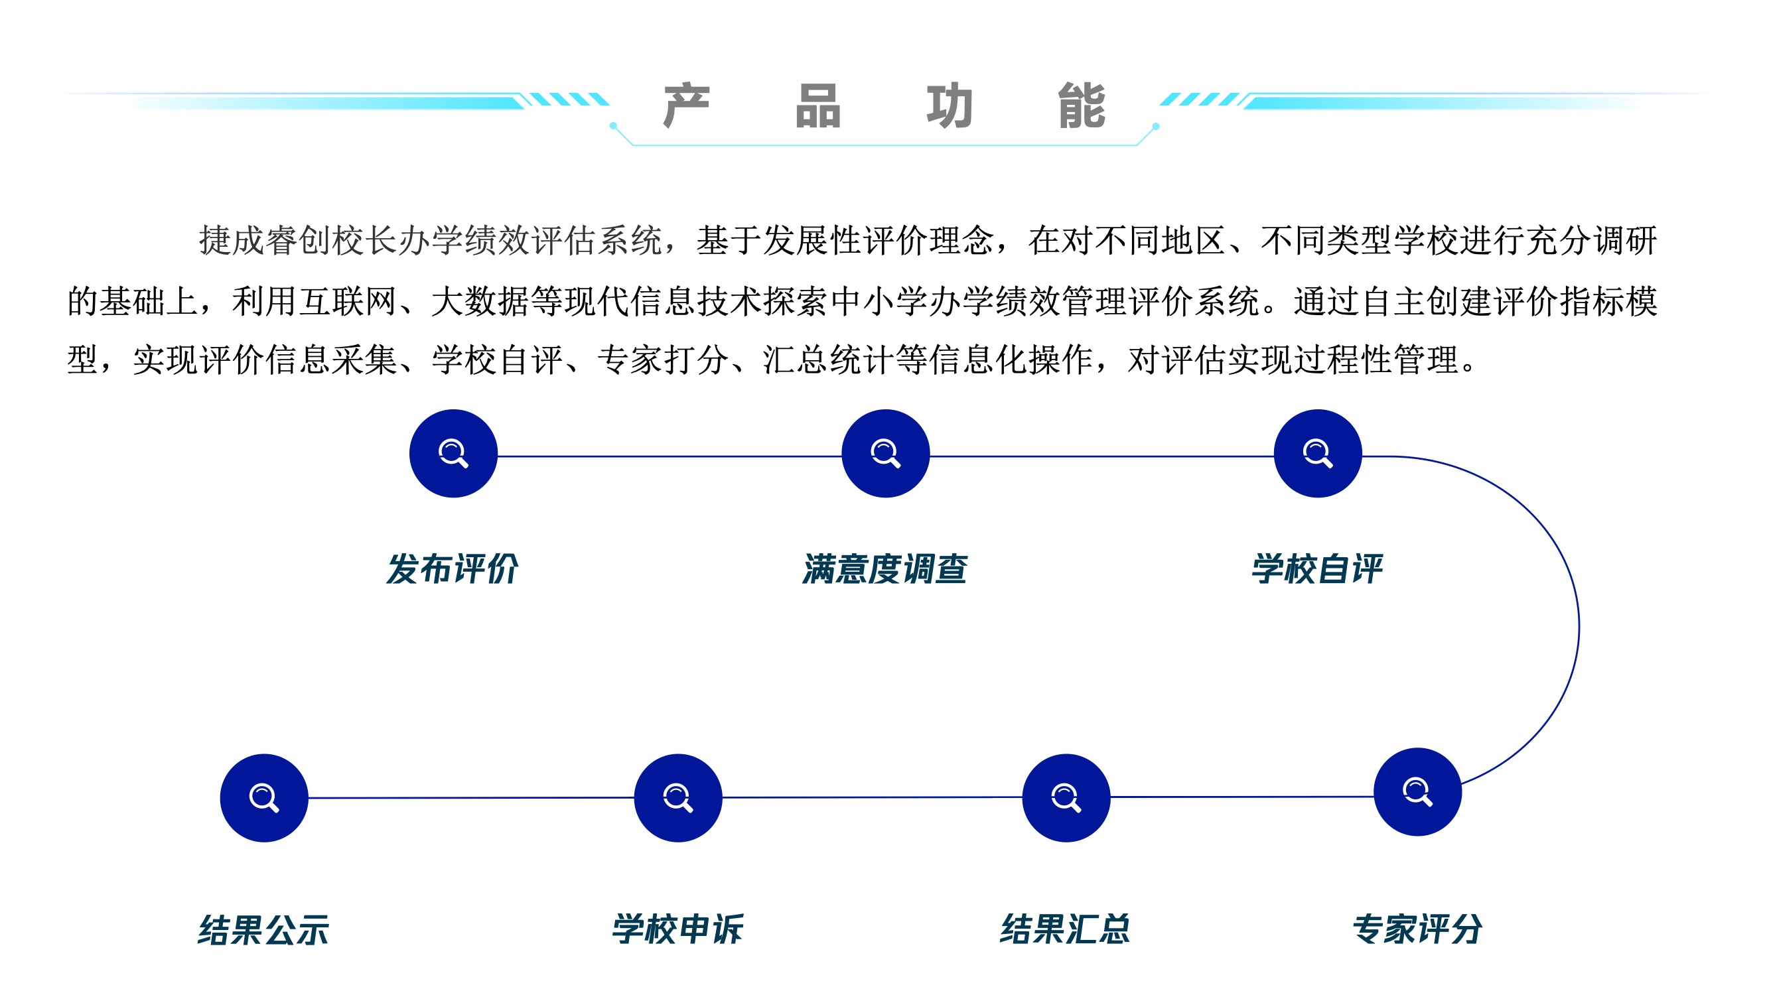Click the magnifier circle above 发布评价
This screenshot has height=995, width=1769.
pyautogui.click(x=453, y=453)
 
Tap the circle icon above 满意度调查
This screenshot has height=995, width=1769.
pyautogui.click(x=885, y=453)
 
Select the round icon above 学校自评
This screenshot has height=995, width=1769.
pyautogui.click(x=1317, y=453)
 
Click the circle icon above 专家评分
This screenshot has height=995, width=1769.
pyautogui.click(x=1417, y=792)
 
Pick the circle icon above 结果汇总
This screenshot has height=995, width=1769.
pyautogui.click(x=1066, y=798)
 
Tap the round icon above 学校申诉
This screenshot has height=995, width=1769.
pyautogui.click(x=677, y=798)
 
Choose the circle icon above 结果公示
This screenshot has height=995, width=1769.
pyautogui.click(x=263, y=798)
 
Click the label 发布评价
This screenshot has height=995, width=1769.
pyautogui.click(x=452, y=569)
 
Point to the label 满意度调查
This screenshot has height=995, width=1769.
pyautogui.click(x=884, y=569)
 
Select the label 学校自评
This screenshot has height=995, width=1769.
pyautogui.click(x=1316, y=569)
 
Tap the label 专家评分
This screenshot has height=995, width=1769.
pyautogui.click(x=1417, y=930)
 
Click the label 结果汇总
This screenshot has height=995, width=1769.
pyautogui.click(x=1065, y=930)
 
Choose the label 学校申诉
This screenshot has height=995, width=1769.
pyautogui.click(x=677, y=930)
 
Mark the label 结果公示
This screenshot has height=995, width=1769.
pyautogui.click(x=263, y=931)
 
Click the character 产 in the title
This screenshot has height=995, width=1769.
pyautogui.click(x=686, y=105)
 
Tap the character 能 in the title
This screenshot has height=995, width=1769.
pyautogui.click(x=1082, y=105)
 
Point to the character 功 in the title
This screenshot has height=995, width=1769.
pyautogui.click(x=950, y=105)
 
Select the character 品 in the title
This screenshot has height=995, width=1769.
pyautogui.click(x=818, y=105)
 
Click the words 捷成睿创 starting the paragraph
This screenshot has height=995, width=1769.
pyautogui.click(x=265, y=241)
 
